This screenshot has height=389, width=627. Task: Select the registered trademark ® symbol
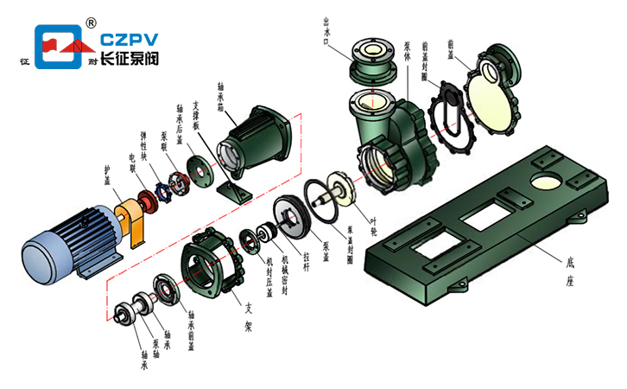[x=92, y=21]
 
